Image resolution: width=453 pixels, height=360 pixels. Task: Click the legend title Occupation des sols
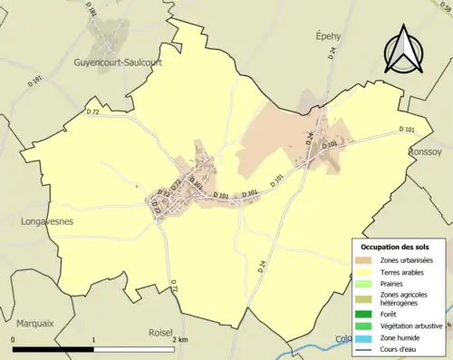(x=397, y=247)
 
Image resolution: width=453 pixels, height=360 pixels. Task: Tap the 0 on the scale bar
(x=13, y=340)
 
